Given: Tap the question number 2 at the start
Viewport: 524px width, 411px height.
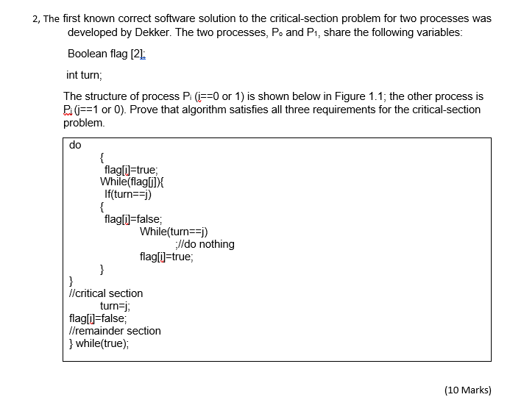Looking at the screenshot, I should (36, 18).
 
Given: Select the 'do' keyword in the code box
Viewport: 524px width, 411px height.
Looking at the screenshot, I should (75, 145).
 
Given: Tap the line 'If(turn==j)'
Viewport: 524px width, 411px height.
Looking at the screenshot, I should (128, 194).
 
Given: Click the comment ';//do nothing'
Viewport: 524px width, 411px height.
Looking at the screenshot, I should (205, 244).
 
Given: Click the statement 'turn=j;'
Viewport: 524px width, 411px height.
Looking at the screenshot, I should (115, 306).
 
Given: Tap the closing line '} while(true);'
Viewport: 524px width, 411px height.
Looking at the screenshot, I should (102, 343).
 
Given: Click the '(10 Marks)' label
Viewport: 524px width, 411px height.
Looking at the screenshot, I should (468, 390).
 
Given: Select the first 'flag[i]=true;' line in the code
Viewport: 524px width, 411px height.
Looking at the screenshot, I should (131, 169).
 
